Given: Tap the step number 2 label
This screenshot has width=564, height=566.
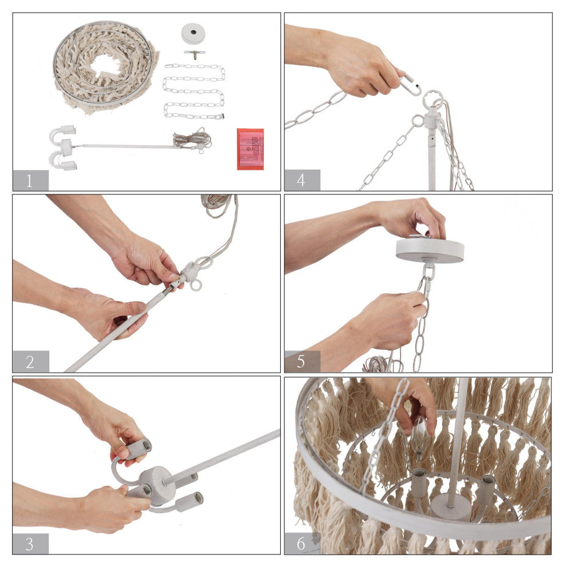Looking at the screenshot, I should (30, 362).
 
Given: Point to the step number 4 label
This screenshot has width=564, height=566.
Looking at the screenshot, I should (302, 181).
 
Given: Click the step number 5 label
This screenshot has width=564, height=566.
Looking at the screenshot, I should (302, 362).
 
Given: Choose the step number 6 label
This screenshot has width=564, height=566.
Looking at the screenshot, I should (302, 544).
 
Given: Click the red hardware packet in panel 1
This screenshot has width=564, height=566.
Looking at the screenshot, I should (250, 149).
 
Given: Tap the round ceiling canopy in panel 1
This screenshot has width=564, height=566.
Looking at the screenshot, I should (193, 33).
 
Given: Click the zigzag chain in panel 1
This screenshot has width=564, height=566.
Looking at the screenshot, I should (194, 91).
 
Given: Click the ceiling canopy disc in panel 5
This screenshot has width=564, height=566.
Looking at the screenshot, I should (430, 250).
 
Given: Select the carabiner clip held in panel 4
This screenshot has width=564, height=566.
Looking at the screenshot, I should (411, 85).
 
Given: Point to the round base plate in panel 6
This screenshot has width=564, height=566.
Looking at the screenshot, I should (451, 506).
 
